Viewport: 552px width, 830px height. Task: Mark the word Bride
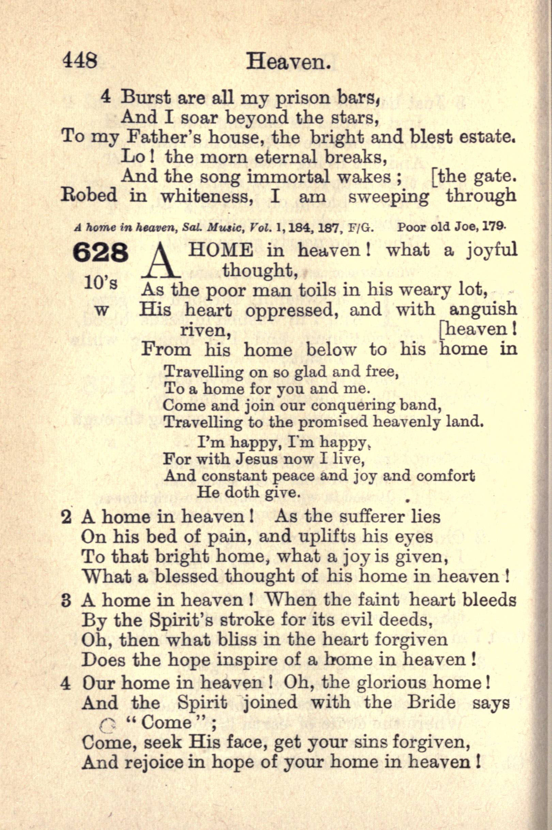431,702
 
